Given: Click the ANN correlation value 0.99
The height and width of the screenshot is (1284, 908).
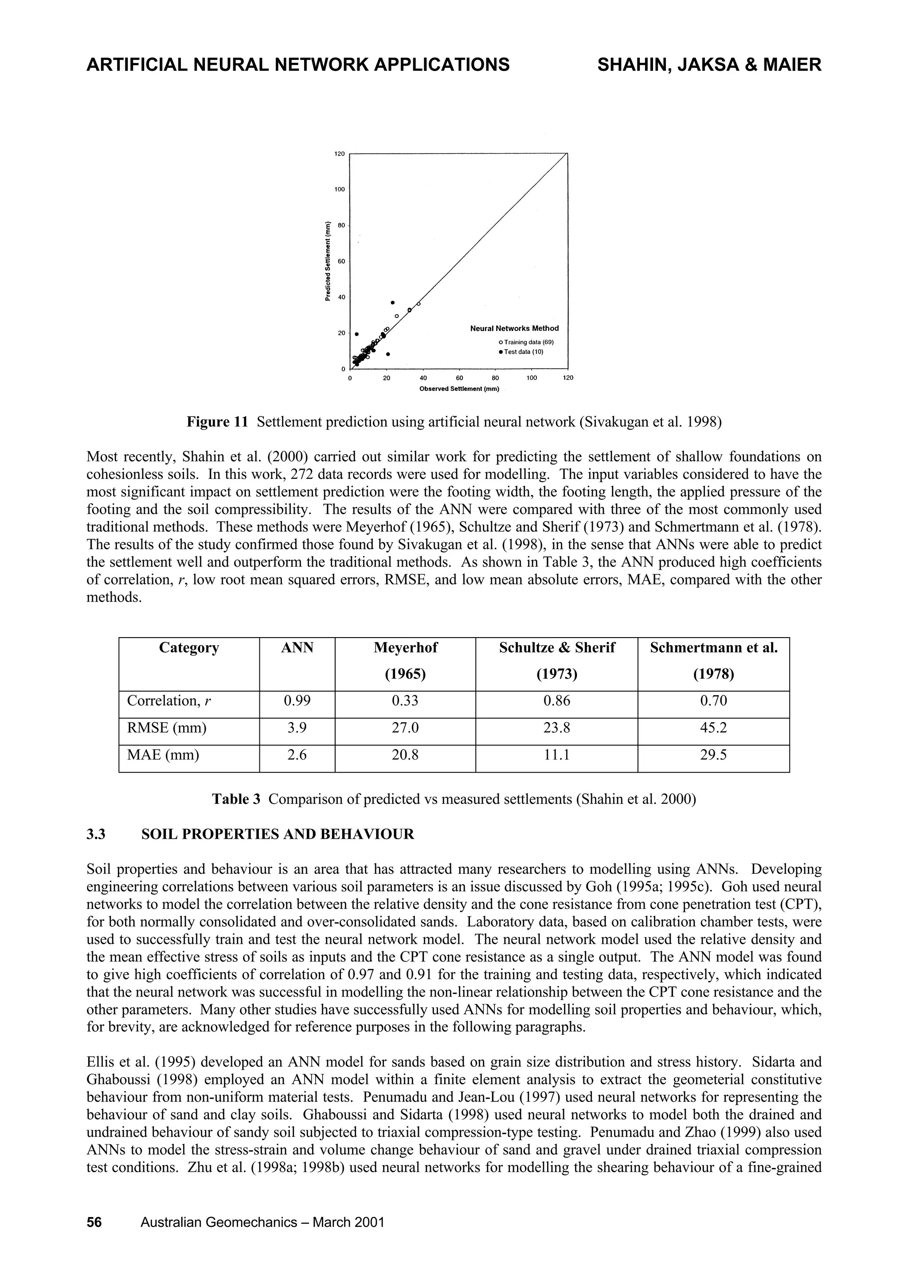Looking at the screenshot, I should (x=297, y=701).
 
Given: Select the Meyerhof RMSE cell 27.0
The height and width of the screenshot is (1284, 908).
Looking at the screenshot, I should (x=405, y=728).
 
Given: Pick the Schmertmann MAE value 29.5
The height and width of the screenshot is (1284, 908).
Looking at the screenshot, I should (x=713, y=755).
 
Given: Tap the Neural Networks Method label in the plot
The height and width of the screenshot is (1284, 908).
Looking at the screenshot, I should (x=514, y=328).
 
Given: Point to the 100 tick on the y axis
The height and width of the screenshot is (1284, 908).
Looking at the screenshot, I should (x=340, y=190).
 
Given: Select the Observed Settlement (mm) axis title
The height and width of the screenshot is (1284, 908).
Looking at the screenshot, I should (x=459, y=389).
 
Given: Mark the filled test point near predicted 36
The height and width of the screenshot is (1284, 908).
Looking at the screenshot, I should (x=393, y=303).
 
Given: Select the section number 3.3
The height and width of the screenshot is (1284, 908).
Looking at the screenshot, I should (x=96, y=834).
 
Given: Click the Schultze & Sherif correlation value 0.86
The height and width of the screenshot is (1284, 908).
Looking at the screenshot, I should (x=557, y=701).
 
